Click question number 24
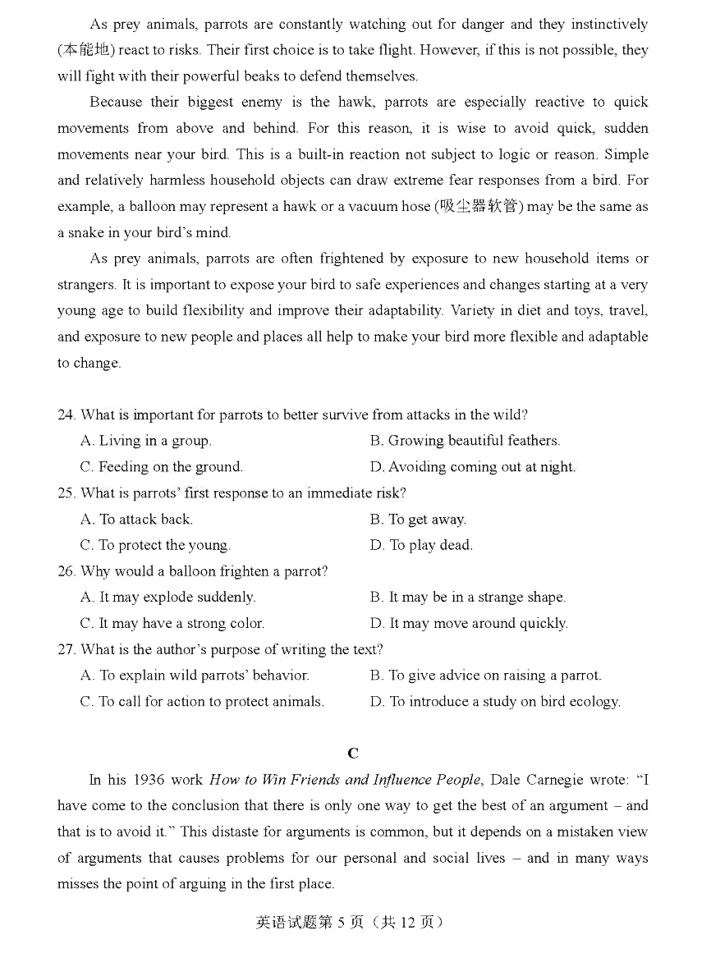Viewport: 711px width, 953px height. tap(67, 415)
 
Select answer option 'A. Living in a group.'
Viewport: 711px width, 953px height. tap(145, 442)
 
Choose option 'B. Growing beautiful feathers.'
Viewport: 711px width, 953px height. tap(465, 442)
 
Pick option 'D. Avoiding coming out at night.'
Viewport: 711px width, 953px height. tap(473, 468)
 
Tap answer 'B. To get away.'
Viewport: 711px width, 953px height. tap(418, 520)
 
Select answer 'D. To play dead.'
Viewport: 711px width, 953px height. tap(421, 546)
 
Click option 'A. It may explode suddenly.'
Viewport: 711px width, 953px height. tap(167, 598)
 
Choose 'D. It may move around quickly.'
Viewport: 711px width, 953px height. tap(469, 624)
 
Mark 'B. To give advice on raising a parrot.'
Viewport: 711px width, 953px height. tap(485, 676)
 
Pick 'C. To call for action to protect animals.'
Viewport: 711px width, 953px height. tap(202, 702)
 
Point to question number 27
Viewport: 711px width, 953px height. tap(67, 650)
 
